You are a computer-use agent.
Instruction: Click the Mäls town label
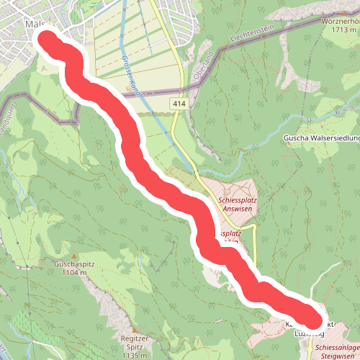point(35,24)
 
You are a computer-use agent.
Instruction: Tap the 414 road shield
point(180,105)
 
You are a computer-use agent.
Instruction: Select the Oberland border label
point(204,54)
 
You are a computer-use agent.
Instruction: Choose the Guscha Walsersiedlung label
point(321,138)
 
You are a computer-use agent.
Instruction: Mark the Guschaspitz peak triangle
point(73,256)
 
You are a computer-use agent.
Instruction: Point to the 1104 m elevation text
point(73,273)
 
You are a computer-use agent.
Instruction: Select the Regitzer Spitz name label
point(135,342)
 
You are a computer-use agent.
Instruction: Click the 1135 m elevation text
point(135,355)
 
